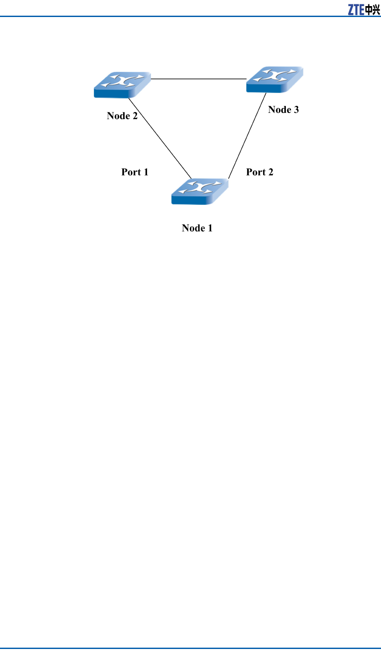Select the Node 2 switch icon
(122, 85)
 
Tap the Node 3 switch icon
(275, 79)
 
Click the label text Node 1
(197, 228)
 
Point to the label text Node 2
(122, 115)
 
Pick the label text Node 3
(283, 109)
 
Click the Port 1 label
(135, 172)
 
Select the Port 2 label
(260, 172)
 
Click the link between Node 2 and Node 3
(199, 79)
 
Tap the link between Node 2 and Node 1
(160, 138)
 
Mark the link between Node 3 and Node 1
(247, 136)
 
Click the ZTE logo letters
(356, 10)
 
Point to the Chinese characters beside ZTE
(373, 10)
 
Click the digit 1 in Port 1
(146, 172)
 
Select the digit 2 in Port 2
(271, 172)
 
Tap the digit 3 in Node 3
(296, 109)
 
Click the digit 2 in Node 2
(135, 115)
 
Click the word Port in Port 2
(256, 172)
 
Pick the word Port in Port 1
(131, 172)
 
